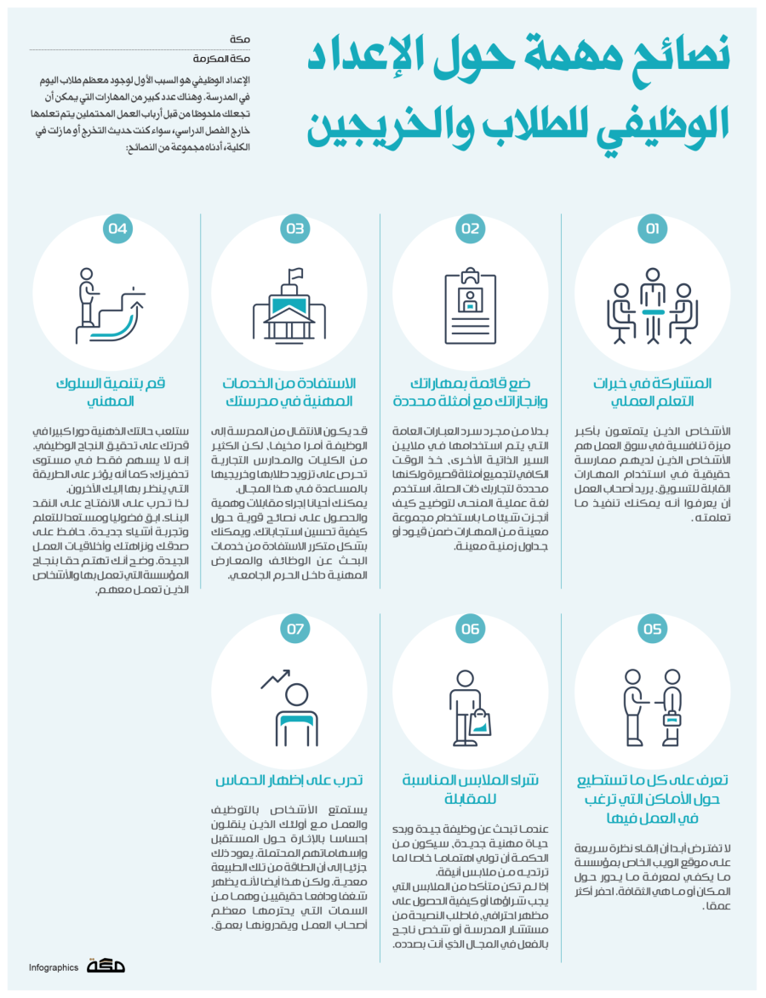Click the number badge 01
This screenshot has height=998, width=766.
pyautogui.click(x=653, y=229)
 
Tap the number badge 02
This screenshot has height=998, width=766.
pyautogui.click(x=471, y=229)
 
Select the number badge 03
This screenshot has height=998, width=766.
pyautogui.click(x=295, y=229)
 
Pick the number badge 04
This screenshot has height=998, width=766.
pyautogui.click(x=118, y=229)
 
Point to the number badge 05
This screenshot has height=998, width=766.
pyautogui.click(x=653, y=630)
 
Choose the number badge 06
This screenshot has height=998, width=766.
pyautogui.click(x=471, y=630)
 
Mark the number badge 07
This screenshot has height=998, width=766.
pyautogui.click(x=295, y=630)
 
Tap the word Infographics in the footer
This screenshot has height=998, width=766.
pyautogui.click(x=54, y=967)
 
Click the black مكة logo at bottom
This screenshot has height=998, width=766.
pyautogui.click(x=106, y=966)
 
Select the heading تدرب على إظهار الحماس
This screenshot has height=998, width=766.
pyautogui.click(x=289, y=780)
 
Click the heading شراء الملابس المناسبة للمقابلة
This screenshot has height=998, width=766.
pyautogui.click(x=470, y=790)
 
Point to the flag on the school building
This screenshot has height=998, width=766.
pyautogui.click(x=296, y=274)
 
